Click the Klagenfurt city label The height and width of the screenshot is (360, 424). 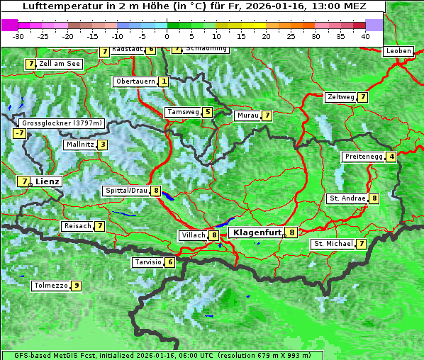[x=255, y=232]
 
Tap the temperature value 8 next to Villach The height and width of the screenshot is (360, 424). [x=213, y=235]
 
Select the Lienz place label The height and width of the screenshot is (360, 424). [x=48, y=181]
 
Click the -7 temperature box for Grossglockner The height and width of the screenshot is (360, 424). [x=19, y=133]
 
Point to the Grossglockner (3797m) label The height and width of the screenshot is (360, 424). [x=62, y=123]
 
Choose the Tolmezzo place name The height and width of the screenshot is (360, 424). [x=50, y=286]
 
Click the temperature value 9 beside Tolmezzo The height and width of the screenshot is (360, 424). [x=76, y=286]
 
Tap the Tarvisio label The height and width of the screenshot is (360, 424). [x=147, y=262]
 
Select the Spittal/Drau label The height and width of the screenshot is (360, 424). [x=125, y=191]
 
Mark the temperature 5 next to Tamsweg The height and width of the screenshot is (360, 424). [x=207, y=112]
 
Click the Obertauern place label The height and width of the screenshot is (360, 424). [x=135, y=81]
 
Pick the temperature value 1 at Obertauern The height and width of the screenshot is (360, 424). [x=164, y=81]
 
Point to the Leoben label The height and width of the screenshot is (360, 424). [x=398, y=51]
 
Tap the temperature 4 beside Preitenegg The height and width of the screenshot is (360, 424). [x=391, y=157]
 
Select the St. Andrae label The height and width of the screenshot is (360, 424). [x=347, y=198]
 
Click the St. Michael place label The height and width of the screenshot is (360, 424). [x=333, y=244]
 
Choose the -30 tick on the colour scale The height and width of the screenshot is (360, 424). [x=19, y=36]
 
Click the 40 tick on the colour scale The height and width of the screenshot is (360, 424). [x=365, y=36]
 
